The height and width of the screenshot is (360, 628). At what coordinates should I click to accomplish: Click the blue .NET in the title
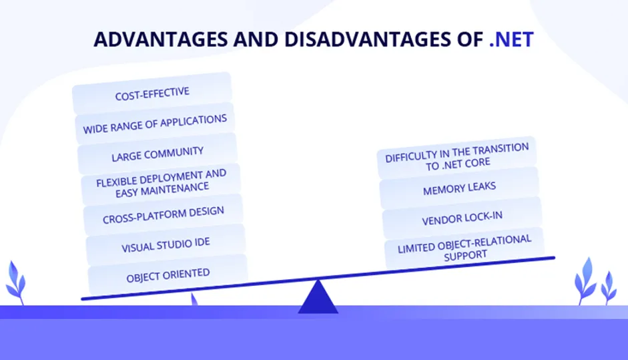coord(511,39)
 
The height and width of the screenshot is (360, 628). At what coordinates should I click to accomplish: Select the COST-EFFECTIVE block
coord(152,94)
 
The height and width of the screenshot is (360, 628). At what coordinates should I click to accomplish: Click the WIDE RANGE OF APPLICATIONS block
coord(155,124)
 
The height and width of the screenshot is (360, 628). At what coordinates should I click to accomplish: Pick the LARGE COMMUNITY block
coord(158,154)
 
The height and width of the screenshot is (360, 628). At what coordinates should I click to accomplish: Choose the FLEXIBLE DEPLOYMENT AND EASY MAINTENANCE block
coord(161,184)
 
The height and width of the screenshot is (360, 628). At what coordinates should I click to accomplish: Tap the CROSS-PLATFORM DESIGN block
coord(164,215)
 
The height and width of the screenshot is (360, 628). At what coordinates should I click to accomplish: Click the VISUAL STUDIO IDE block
coord(166,245)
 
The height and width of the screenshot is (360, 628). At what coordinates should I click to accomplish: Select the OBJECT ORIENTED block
coord(168,275)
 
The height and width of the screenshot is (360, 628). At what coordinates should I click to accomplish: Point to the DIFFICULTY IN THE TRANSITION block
coord(456,158)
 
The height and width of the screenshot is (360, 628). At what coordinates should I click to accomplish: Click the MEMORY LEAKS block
coord(459,188)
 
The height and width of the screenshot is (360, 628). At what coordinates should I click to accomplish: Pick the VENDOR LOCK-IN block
coord(462,218)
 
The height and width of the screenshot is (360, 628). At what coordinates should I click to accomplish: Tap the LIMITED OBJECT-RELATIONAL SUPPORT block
coord(464,248)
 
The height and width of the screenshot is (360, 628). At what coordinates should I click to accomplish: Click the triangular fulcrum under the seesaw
coord(318,297)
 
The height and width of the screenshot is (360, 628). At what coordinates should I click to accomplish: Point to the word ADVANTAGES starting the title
coord(161,39)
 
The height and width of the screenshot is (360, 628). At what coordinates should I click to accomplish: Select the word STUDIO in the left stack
coord(168,244)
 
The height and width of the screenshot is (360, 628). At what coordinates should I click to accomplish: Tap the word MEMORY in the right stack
coord(439,190)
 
